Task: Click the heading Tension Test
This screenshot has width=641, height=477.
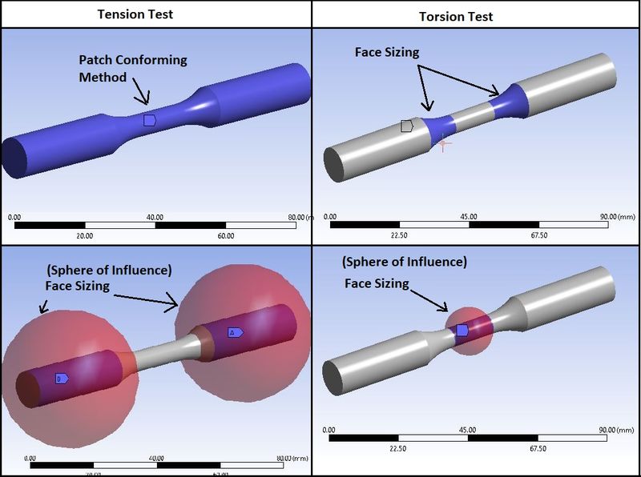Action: point(135,14)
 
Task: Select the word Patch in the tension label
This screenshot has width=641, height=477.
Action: point(96,60)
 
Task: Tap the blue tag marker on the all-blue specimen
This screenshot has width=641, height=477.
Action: point(149,120)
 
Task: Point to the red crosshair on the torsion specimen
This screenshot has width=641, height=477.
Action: point(441,143)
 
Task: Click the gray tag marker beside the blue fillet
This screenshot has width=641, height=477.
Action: point(407,126)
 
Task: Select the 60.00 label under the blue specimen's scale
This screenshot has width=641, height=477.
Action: point(226,235)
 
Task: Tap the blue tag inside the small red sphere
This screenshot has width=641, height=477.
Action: point(462,330)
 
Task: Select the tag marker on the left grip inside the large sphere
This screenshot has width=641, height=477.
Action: point(61,378)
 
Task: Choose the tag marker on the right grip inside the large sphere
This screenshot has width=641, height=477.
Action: point(235,331)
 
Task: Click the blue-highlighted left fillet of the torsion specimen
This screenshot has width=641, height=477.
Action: point(437,129)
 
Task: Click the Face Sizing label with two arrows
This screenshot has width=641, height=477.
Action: point(388,51)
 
